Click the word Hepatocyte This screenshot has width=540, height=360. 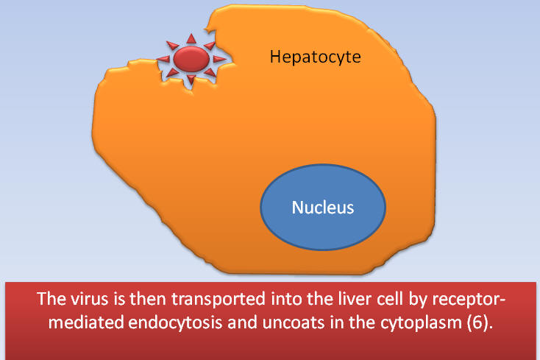315,57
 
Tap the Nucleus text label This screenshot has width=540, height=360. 323,208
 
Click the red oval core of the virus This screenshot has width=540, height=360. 191,59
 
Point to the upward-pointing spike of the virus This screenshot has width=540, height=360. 191,39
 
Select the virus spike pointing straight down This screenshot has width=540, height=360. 191,80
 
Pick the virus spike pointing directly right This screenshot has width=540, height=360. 219,59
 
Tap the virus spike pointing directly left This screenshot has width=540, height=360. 164,59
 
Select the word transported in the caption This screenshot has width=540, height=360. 219,300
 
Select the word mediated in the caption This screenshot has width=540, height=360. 86,322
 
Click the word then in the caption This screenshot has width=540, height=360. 149,299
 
